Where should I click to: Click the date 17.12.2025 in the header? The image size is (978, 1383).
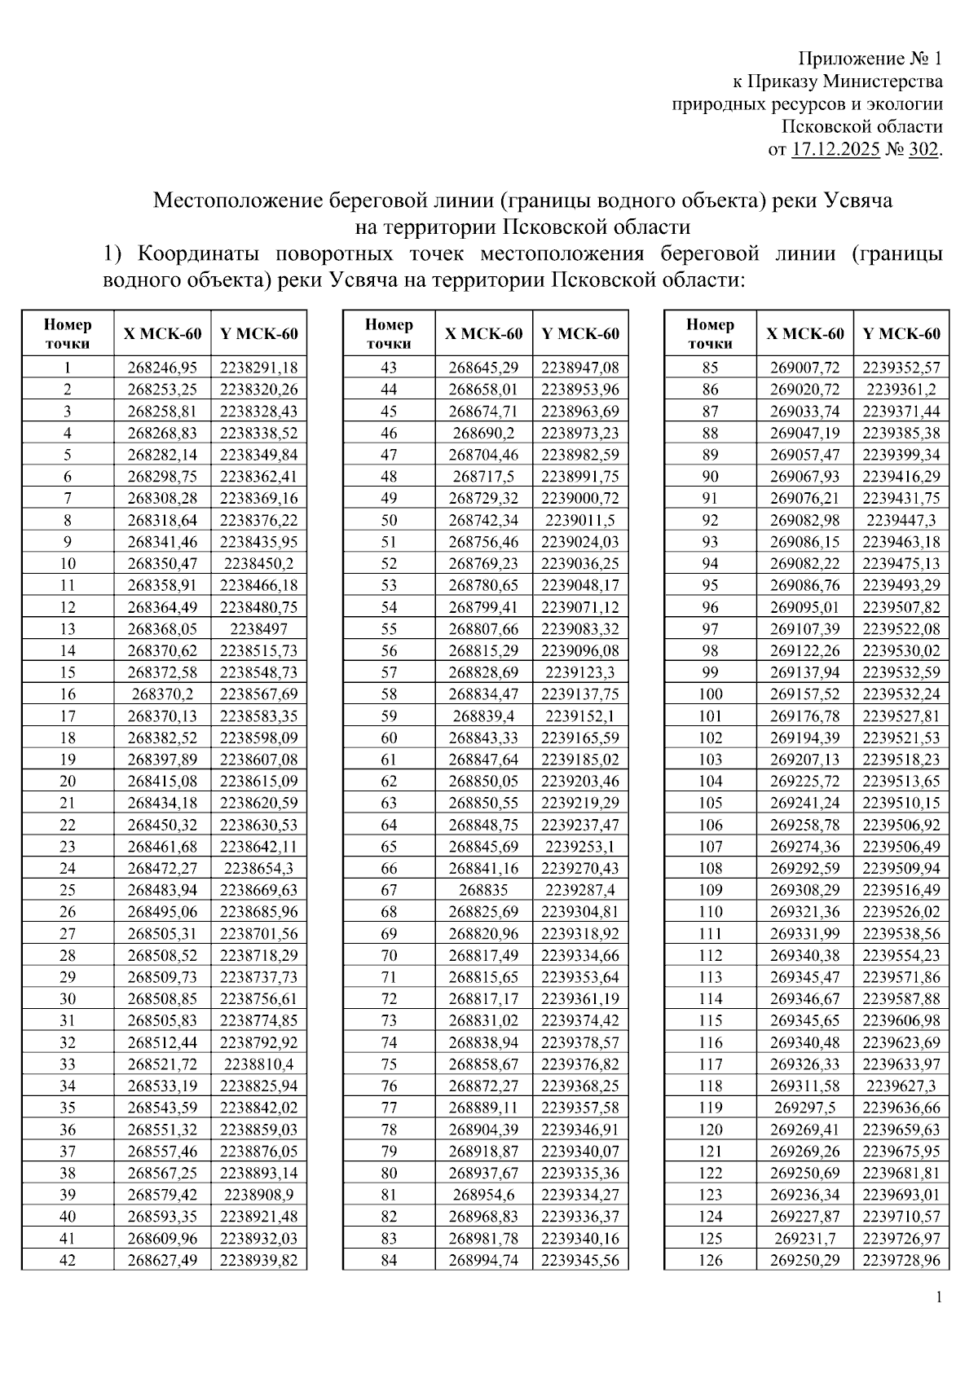(x=835, y=150)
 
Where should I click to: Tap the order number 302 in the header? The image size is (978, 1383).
(x=923, y=150)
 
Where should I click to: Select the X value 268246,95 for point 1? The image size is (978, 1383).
(x=162, y=368)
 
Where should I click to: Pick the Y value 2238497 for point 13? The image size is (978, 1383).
(x=258, y=629)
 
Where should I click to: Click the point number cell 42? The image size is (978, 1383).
(x=68, y=1260)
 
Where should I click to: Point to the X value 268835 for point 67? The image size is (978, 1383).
(x=483, y=890)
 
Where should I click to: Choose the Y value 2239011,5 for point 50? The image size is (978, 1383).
(x=579, y=520)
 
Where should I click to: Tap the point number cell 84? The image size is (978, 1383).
(x=389, y=1260)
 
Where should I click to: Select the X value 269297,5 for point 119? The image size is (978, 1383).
(x=805, y=1108)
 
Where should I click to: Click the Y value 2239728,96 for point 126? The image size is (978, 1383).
(x=901, y=1260)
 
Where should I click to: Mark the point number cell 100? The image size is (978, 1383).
(x=711, y=694)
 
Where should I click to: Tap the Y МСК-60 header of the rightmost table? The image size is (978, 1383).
(x=901, y=333)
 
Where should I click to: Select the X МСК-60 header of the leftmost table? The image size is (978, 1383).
(x=162, y=333)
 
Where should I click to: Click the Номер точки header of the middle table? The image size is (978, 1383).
(x=389, y=333)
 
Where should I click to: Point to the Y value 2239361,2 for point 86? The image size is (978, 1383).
(x=901, y=390)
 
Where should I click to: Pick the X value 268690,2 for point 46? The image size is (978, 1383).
(x=483, y=433)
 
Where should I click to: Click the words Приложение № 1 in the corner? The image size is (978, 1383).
(x=870, y=59)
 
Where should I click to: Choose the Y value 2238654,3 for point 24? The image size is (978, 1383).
(x=258, y=868)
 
